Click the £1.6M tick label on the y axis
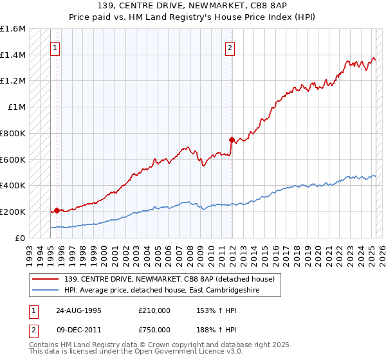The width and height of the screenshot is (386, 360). point(13,29)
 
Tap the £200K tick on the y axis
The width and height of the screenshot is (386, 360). point(13,212)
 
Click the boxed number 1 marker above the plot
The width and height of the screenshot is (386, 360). point(55,47)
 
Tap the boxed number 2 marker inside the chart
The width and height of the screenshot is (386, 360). point(230,47)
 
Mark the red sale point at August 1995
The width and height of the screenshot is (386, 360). point(57,210)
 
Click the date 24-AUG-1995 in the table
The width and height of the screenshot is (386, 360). point(77,310)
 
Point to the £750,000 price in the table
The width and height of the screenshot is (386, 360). point(154,330)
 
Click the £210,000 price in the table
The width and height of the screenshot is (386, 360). point(154,310)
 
